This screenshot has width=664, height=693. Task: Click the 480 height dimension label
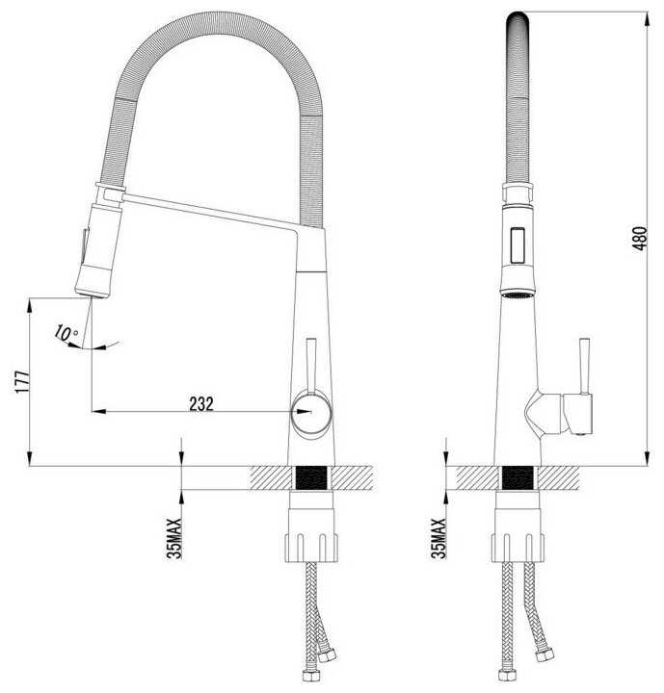640,239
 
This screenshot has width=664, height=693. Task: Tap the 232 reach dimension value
201,403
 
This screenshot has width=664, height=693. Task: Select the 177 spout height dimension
23,381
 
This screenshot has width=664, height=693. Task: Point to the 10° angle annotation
66,333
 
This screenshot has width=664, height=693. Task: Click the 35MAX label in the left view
174,538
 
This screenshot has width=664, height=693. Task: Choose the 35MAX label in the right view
439,538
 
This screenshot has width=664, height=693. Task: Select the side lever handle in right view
584,366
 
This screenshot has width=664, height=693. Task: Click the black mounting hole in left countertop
311,477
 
